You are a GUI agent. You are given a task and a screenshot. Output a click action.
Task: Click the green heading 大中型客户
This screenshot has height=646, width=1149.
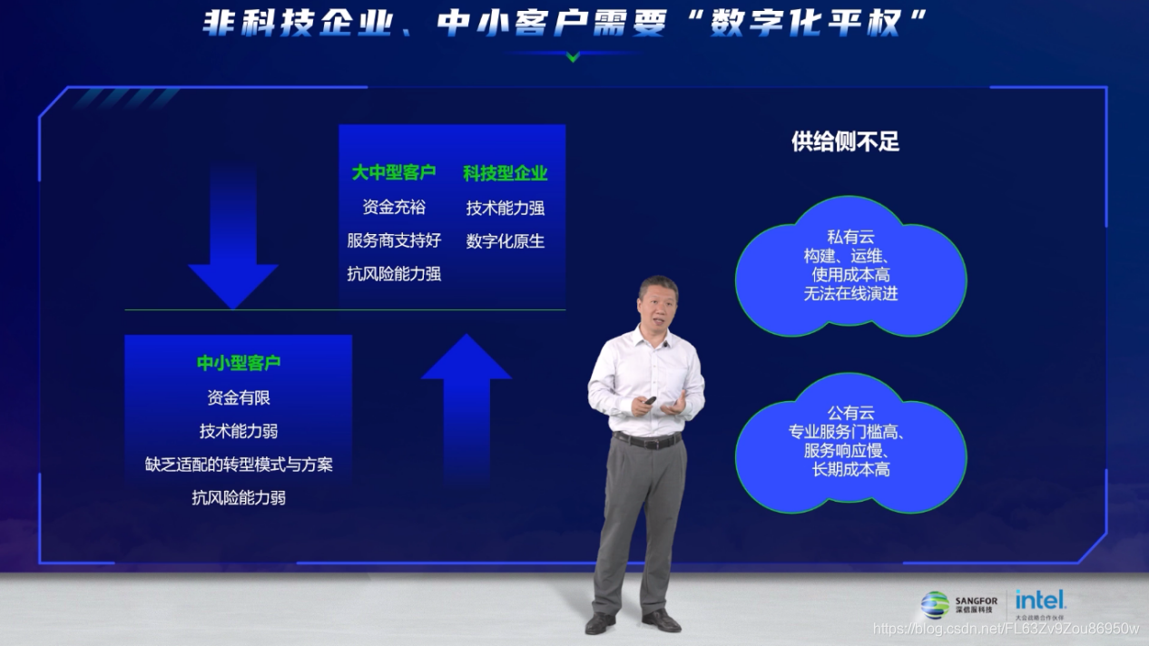click(394, 172)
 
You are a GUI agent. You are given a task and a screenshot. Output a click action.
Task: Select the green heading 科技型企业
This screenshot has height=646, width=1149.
click(506, 172)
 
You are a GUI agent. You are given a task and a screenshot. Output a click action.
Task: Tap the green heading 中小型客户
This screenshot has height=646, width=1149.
click(239, 363)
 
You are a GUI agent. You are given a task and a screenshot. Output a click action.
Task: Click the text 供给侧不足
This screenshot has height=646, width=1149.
click(845, 142)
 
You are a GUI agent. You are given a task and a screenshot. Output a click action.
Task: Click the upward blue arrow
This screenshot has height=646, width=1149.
click(466, 399)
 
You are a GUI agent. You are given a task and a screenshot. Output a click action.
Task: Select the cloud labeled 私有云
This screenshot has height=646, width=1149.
click(850, 263)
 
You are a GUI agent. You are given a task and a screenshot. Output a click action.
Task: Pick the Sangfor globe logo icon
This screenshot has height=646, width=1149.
click(935, 605)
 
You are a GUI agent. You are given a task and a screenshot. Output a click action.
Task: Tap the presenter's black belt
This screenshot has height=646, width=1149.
click(647, 440)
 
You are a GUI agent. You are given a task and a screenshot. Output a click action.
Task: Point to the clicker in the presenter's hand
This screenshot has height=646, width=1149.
click(650, 400)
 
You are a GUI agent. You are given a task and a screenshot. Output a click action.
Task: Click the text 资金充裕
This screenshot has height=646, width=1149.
click(394, 207)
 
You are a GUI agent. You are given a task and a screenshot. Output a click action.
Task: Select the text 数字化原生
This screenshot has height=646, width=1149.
click(506, 241)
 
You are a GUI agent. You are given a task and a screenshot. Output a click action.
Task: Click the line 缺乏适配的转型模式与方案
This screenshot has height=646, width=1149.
click(239, 465)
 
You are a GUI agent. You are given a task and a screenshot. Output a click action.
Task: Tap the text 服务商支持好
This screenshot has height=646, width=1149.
click(394, 240)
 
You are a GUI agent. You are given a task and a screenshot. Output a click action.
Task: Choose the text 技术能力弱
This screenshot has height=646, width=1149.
click(239, 431)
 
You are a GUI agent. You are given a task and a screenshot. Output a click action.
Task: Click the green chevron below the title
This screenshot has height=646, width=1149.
click(573, 57)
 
